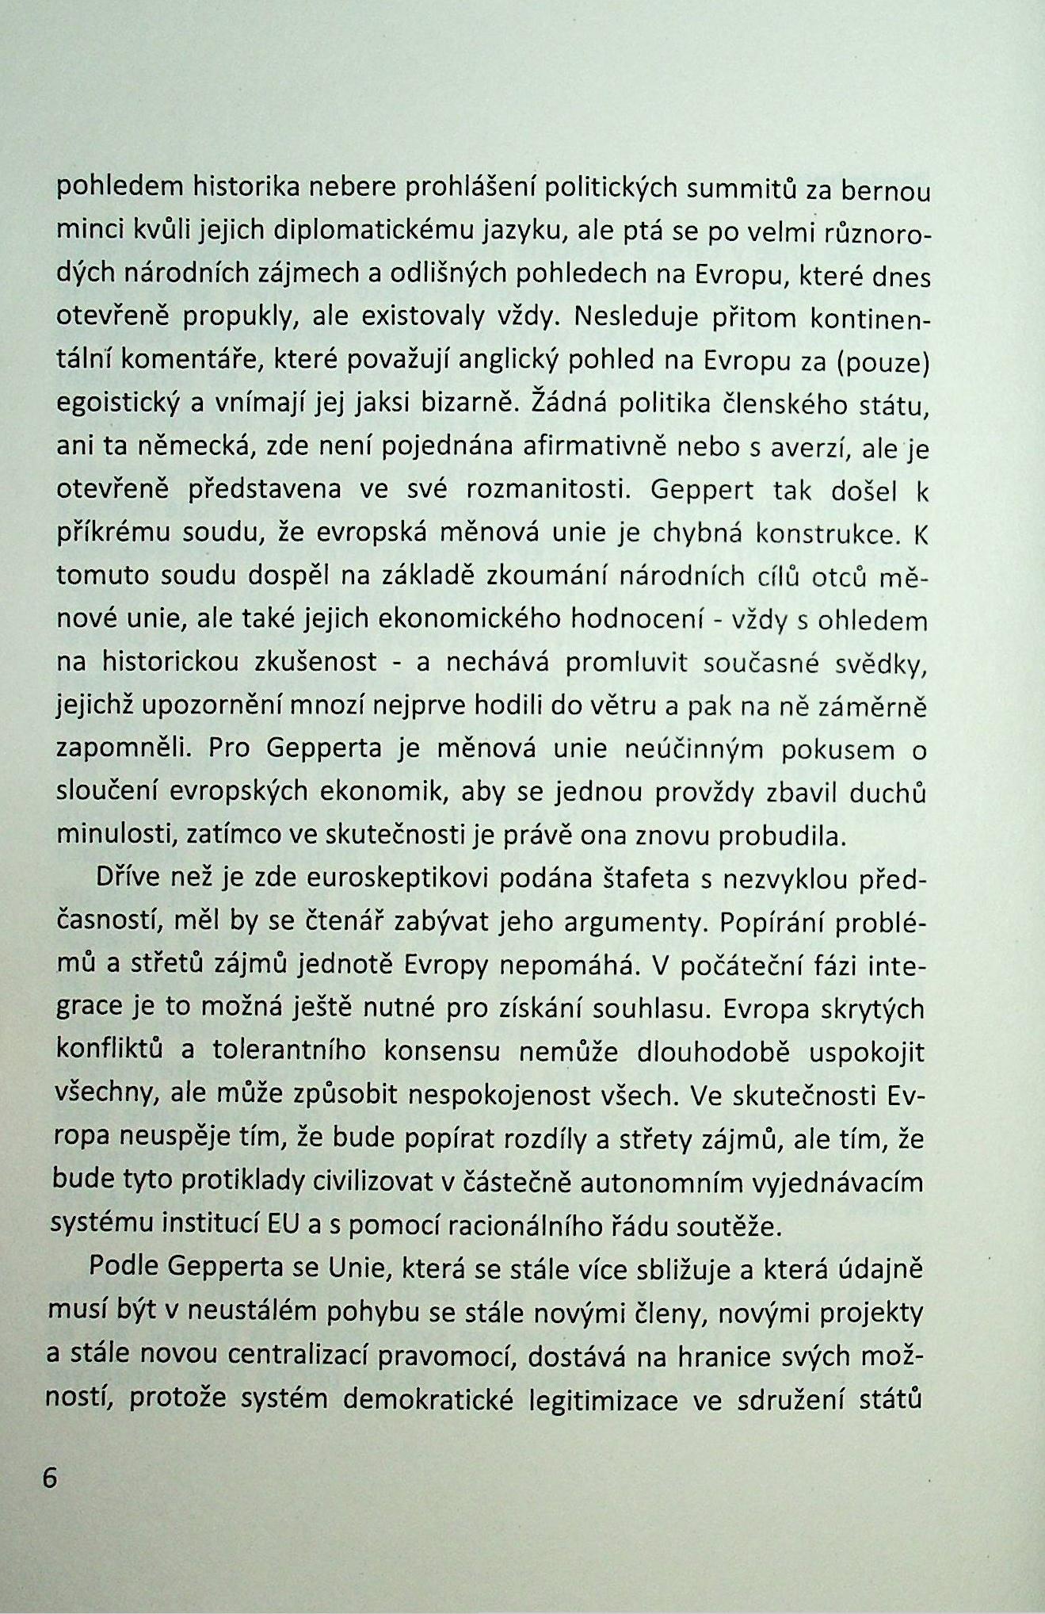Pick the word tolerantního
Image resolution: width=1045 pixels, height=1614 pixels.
(x=289, y=1050)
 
